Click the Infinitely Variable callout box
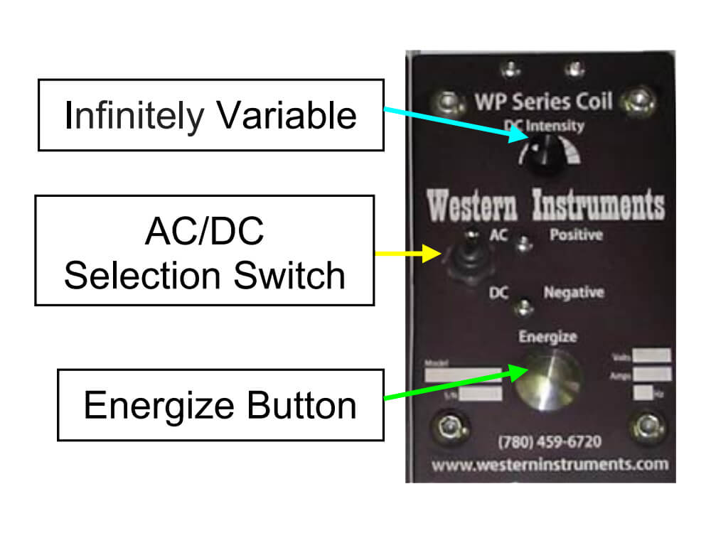coord(210,115)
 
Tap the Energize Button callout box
coord(220,404)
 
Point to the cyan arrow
coord(455,124)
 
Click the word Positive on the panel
coord(576,235)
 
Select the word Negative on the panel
coord(574,292)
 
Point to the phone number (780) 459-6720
coord(550,442)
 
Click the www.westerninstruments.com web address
coord(550,465)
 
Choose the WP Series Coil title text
coord(543,101)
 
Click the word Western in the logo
coord(475,206)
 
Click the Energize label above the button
coord(547,335)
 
